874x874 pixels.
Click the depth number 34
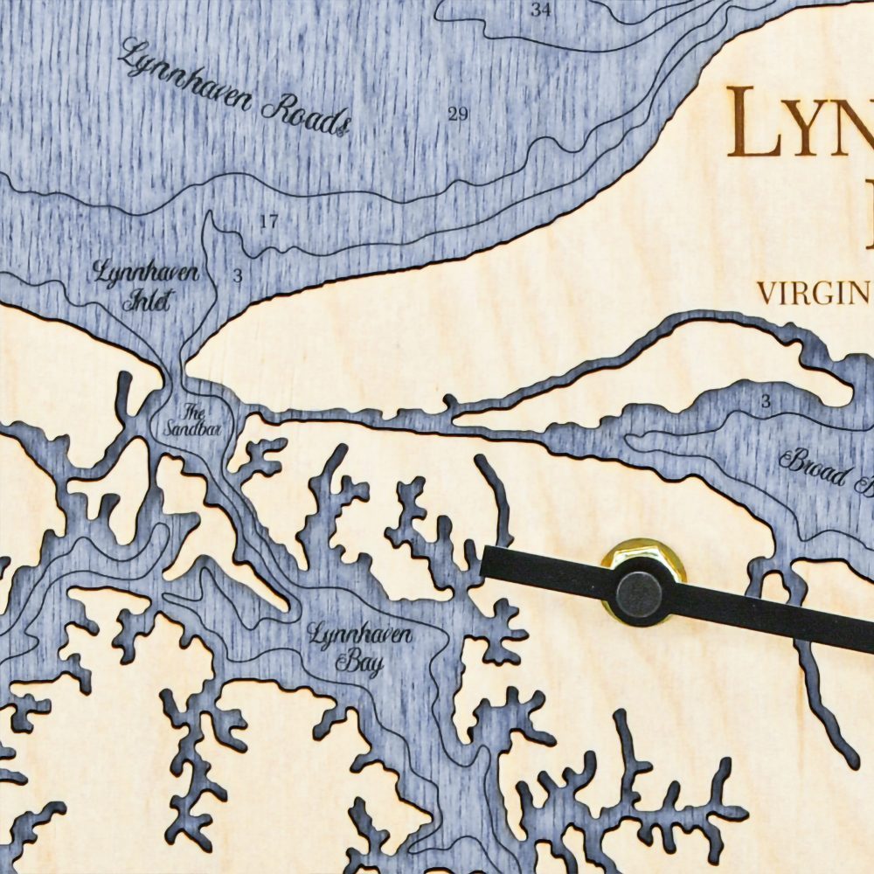coord(541,10)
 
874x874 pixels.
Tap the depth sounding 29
coord(458,114)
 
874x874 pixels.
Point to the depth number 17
coord(268,222)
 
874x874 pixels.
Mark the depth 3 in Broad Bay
coord(766,402)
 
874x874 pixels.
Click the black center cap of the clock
coord(639,593)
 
